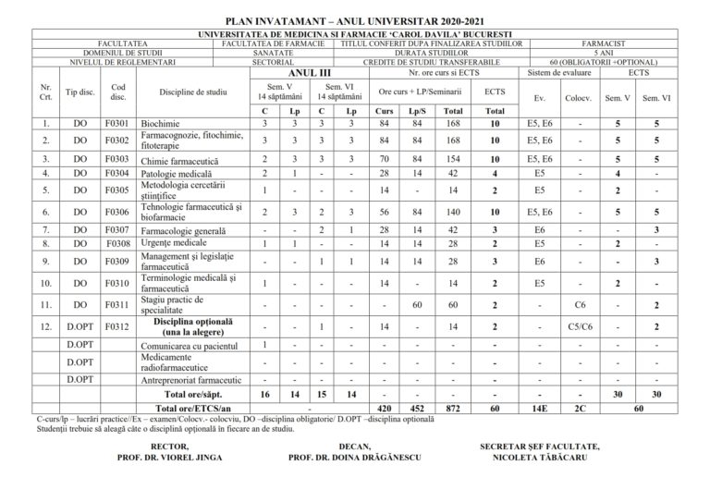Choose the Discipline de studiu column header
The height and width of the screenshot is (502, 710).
tap(192, 92)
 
